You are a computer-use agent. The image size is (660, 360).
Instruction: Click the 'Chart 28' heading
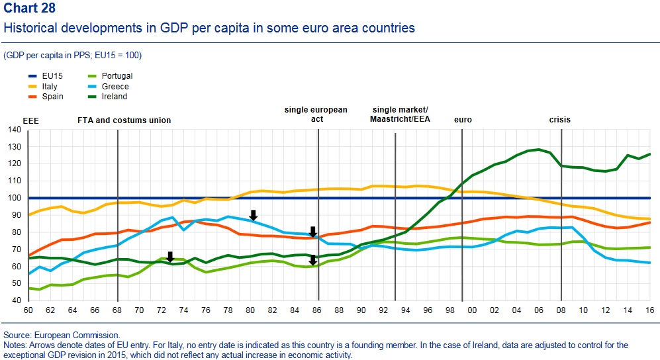point(30,8)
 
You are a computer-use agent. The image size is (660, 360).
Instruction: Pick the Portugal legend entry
point(117,76)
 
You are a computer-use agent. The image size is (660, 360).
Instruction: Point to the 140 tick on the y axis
point(14,130)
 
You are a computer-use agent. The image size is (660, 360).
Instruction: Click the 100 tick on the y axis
point(14,198)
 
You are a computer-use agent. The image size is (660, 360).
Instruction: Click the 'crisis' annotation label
point(559,120)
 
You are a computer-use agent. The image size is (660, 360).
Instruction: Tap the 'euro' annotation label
point(463,120)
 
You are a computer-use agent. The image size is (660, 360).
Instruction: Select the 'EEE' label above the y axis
point(31,120)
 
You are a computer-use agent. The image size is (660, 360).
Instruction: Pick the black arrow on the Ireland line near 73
point(170,257)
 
